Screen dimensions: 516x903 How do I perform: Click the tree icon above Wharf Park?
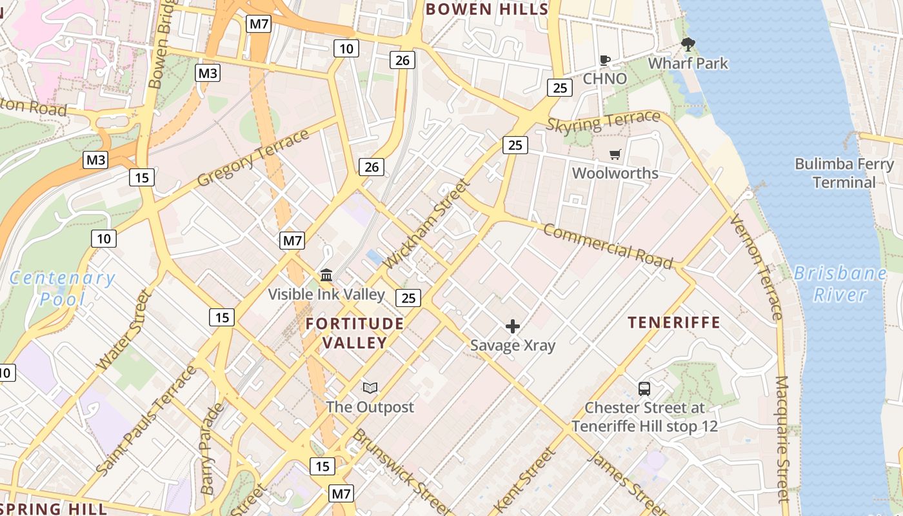point(688,45)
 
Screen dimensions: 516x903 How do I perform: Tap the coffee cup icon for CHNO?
point(604,61)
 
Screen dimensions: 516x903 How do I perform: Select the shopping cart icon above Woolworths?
point(615,155)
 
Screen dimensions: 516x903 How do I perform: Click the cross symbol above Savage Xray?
point(513,326)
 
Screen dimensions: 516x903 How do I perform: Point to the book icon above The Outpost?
point(370,388)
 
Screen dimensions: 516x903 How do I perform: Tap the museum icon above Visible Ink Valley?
point(326,275)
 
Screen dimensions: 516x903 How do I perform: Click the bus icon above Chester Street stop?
point(644,388)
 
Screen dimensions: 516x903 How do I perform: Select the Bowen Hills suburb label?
point(487,9)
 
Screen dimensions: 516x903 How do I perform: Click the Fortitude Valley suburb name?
point(355,333)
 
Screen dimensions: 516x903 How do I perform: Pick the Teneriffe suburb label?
point(674,322)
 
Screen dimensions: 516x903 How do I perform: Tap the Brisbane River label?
point(840,284)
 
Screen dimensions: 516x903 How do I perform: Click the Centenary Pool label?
point(63,288)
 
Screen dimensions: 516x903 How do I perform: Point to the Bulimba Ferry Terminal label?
point(844,173)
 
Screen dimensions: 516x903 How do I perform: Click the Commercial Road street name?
point(608,246)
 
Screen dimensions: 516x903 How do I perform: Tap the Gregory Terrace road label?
point(253,158)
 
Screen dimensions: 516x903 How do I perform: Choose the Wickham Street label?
point(427,224)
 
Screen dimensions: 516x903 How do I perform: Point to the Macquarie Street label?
point(782,439)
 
